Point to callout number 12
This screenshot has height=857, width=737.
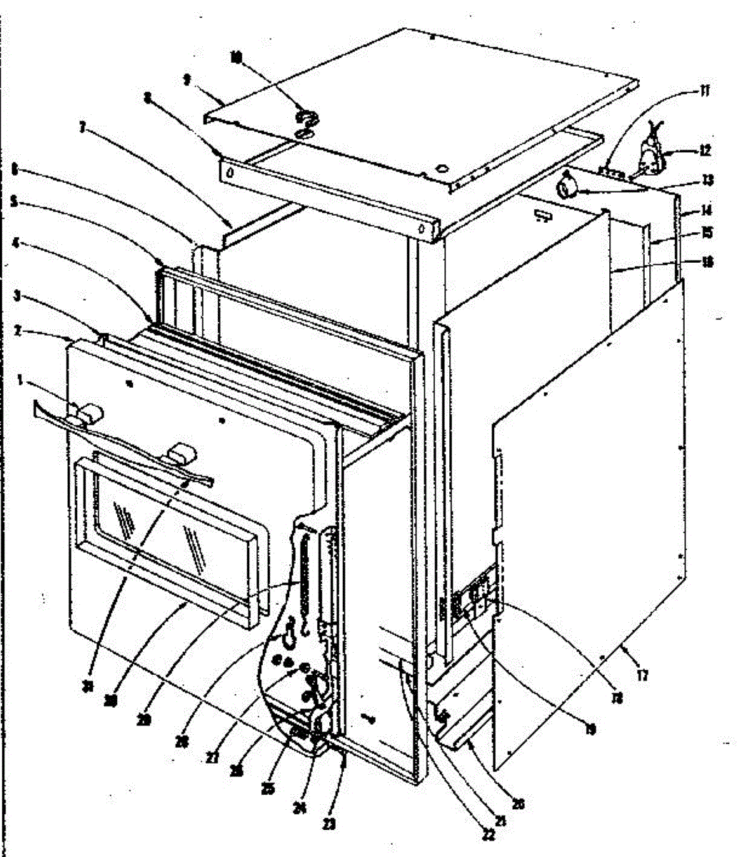click(706, 151)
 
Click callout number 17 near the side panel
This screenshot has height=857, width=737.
click(642, 675)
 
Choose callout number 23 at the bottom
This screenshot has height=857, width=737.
click(329, 823)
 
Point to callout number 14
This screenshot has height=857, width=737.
click(706, 211)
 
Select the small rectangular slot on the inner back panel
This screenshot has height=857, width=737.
click(543, 214)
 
